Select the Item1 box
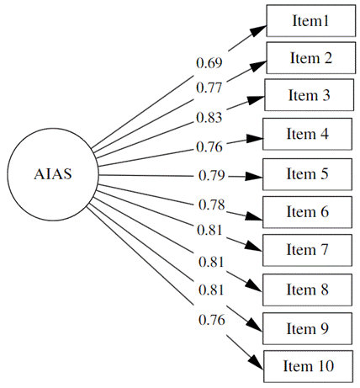310,21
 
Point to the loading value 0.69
209,63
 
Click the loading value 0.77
209,87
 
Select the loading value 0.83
209,117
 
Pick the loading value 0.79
211,176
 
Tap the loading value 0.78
211,205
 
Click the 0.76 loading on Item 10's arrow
211,320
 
